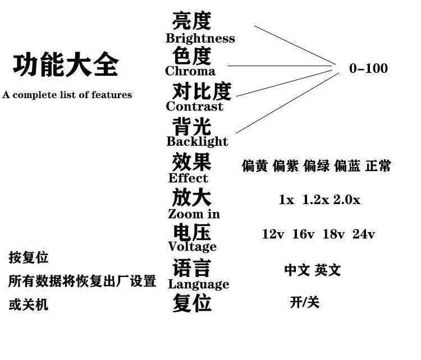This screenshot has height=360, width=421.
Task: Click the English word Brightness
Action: (x=200, y=39)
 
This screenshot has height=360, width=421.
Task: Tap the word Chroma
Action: (x=190, y=71)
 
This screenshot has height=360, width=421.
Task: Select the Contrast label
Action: (x=194, y=107)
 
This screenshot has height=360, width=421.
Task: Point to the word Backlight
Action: (x=197, y=141)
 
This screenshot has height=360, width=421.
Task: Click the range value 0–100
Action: (x=368, y=68)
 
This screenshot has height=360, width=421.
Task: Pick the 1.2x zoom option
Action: (x=315, y=200)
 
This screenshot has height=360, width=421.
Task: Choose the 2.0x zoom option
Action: (x=347, y=200)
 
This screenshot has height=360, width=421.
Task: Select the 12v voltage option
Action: (x=273, y=234)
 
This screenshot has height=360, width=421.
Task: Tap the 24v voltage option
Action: (x=364, y=234)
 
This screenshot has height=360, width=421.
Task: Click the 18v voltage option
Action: (x=333, y=234)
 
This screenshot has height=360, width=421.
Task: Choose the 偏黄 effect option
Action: (x=254, y=167)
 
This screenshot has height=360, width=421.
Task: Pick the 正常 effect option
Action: (x=378, y=167)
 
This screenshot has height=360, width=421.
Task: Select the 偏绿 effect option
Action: (x=316, y=167)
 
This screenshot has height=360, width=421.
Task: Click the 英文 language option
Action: (x=328, y=270)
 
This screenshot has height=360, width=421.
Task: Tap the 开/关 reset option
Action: (x=305, y=303)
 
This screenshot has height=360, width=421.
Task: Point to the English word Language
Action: (x=198, y=284)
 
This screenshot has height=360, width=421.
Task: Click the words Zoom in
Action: (x=194, y=214)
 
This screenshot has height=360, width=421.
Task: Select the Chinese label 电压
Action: (x=191, y=233)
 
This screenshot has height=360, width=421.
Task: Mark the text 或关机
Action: (x=28, y=304)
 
